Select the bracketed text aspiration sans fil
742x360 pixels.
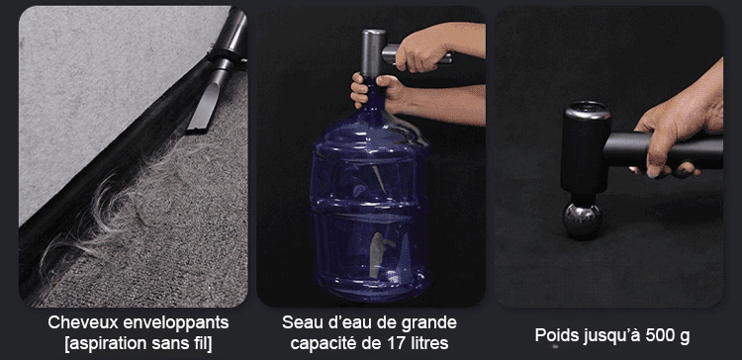pos(139,344)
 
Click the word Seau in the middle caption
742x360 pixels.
pos(300,323)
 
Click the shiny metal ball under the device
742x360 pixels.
pos(582,220)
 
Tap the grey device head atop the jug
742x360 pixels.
pos(374,53)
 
